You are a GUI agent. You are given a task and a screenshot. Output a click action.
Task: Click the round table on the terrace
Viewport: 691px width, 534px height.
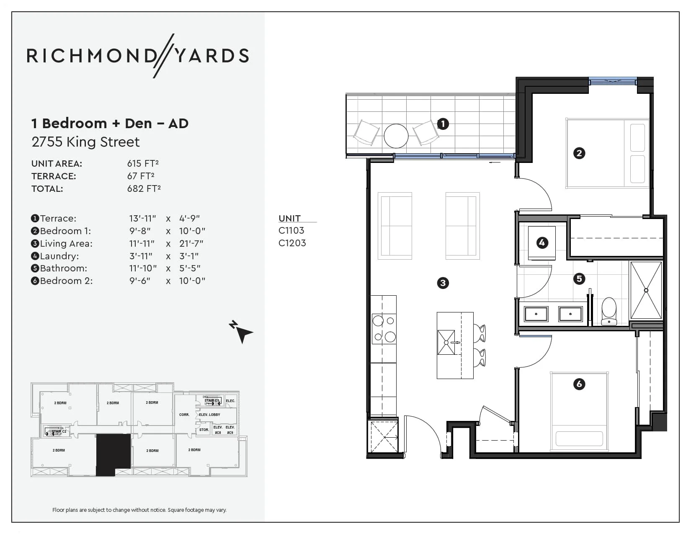pyautogui.click(x=396, y=136)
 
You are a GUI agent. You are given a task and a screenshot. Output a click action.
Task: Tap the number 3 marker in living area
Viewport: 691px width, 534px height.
pyautogui.click(x=443, y=283)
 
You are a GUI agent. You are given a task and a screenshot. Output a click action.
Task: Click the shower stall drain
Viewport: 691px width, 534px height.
pyautogui.click(x=646, y=290)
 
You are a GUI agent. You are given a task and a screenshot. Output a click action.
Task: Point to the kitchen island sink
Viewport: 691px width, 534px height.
pyautogui.click(x=446, y=342)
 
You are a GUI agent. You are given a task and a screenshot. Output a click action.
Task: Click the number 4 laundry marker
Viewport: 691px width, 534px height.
pyautogui.click(x=542, y=242)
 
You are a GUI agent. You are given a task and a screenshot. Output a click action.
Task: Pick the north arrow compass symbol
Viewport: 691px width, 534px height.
pyautogui.click(x=241, y=331)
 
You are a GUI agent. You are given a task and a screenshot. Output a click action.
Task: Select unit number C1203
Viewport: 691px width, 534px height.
pyautogui.click(x=292, y=243)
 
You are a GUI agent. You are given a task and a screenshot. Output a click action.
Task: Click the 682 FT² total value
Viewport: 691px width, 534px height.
pyautogui.click(x=144, y=188)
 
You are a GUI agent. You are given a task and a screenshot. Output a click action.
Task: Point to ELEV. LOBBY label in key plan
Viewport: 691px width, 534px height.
pyautogui.click(x=209, y=415)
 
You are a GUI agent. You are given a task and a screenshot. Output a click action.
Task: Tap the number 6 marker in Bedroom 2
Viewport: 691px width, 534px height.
pyautogui.click(x=579, y=384)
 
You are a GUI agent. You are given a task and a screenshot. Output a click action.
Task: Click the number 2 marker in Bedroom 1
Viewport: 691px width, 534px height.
pyautogui.click(x=579, y=153)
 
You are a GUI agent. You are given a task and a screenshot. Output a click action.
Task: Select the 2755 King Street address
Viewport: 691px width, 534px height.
pyautogui.click(x=85, y=142)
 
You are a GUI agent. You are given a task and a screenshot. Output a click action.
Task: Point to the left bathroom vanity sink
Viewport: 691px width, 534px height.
pyautogui.click(x=536, y=314)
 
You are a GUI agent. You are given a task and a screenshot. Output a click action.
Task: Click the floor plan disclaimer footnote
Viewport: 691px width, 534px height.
pyautogui.click(x=139, y=510)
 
